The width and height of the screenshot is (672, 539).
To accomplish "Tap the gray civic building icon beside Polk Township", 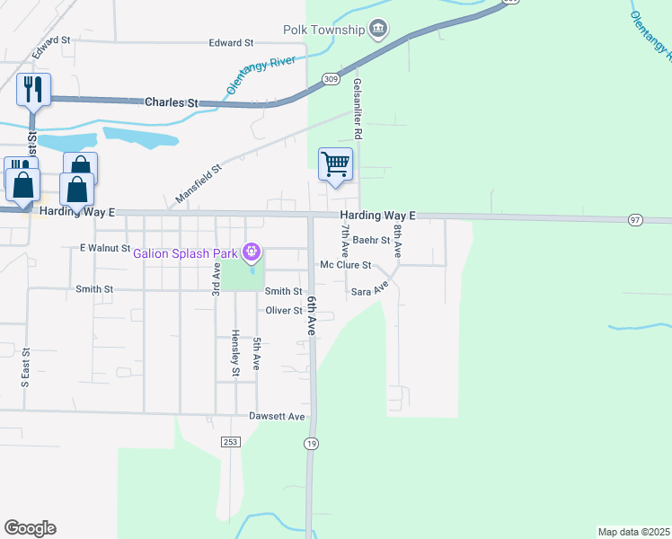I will tap(378, 30).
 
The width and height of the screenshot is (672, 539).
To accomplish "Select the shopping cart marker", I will tap(335, 165).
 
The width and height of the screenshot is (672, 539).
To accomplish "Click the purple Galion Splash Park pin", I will tap(252, 251).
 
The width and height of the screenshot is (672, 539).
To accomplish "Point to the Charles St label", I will tap(171, 103).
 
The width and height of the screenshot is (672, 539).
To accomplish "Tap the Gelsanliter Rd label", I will tap(357, 108).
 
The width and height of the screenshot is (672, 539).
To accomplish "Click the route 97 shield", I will tap(635, 219).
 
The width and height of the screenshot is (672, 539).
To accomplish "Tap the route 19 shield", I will tap(311, 443).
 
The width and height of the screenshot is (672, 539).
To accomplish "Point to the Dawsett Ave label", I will tap(279, 417).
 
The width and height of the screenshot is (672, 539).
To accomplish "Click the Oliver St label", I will tap(283, 311).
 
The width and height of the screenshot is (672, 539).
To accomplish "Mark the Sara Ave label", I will tap(369, 291).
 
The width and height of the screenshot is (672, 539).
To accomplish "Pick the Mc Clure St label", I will tap(346, 265).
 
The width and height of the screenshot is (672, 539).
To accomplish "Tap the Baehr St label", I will tap(371, 240).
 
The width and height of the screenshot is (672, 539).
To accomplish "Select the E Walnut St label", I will tap(105, 247).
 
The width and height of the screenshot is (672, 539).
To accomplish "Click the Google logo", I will tap(30, 528).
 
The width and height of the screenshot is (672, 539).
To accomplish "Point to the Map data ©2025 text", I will tap(633, 532).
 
